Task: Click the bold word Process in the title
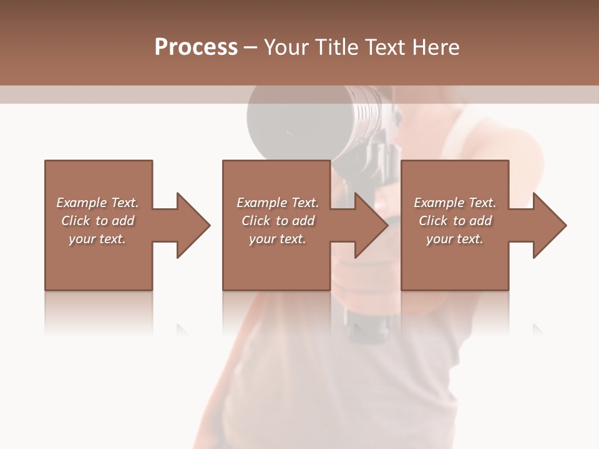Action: coord(196,47)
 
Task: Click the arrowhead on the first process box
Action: coord(192,225)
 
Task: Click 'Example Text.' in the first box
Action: coord(97,203)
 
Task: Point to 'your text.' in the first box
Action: coord(97,239)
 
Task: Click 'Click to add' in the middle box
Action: coord(278,221)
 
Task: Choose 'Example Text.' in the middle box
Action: coord(278,203)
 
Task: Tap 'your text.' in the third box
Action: coord(455,239)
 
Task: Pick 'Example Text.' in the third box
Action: coord(455,203)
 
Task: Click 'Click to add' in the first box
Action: coord(97,221)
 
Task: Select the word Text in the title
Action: coord(387,47)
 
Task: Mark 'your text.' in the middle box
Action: coord(278,239)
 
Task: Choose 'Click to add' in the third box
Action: coord(455,221)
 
